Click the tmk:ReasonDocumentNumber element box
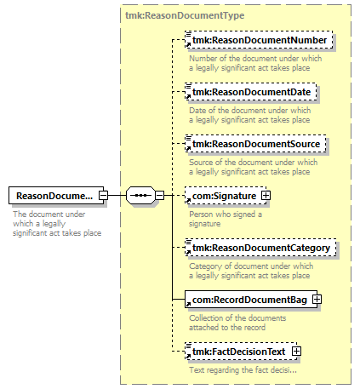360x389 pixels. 259,40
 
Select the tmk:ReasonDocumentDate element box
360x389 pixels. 251,92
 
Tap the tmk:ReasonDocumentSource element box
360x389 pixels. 255,144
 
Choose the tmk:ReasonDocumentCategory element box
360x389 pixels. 260,248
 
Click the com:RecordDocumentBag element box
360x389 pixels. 251,300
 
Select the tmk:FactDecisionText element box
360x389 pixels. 241,352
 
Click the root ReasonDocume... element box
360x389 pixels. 56,196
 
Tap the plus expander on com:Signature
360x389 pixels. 266,196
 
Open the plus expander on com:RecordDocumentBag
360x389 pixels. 317,300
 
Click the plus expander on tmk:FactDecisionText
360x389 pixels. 296,352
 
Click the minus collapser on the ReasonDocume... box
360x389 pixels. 103,195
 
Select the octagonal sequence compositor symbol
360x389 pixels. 141,195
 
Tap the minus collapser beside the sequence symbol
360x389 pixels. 160,195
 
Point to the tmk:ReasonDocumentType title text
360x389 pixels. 185,15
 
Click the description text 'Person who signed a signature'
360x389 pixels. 226,219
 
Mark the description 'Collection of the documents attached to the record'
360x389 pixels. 237,323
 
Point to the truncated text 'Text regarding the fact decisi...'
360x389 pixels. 243,370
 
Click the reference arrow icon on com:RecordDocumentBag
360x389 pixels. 188,305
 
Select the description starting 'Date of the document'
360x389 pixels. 250,115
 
